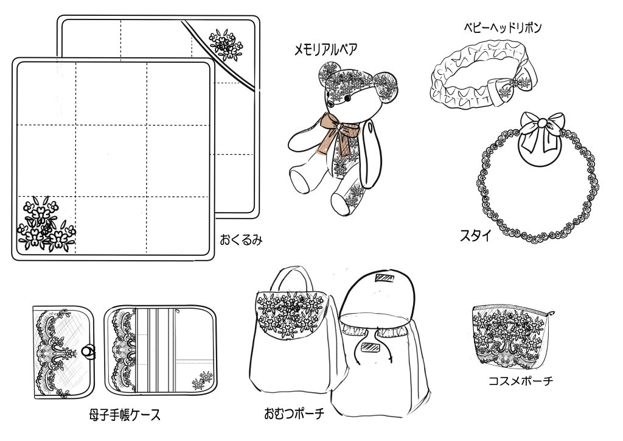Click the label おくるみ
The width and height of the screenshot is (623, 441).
241,239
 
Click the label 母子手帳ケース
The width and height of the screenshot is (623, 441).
125,415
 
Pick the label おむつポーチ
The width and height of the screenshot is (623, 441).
294,414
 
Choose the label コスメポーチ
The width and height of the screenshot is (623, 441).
521,381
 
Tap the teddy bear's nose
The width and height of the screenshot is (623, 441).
345,98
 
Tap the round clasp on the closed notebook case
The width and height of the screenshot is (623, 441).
88,350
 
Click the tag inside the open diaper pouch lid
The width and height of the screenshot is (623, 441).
386,279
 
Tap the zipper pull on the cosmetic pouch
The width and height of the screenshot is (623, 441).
551,313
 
